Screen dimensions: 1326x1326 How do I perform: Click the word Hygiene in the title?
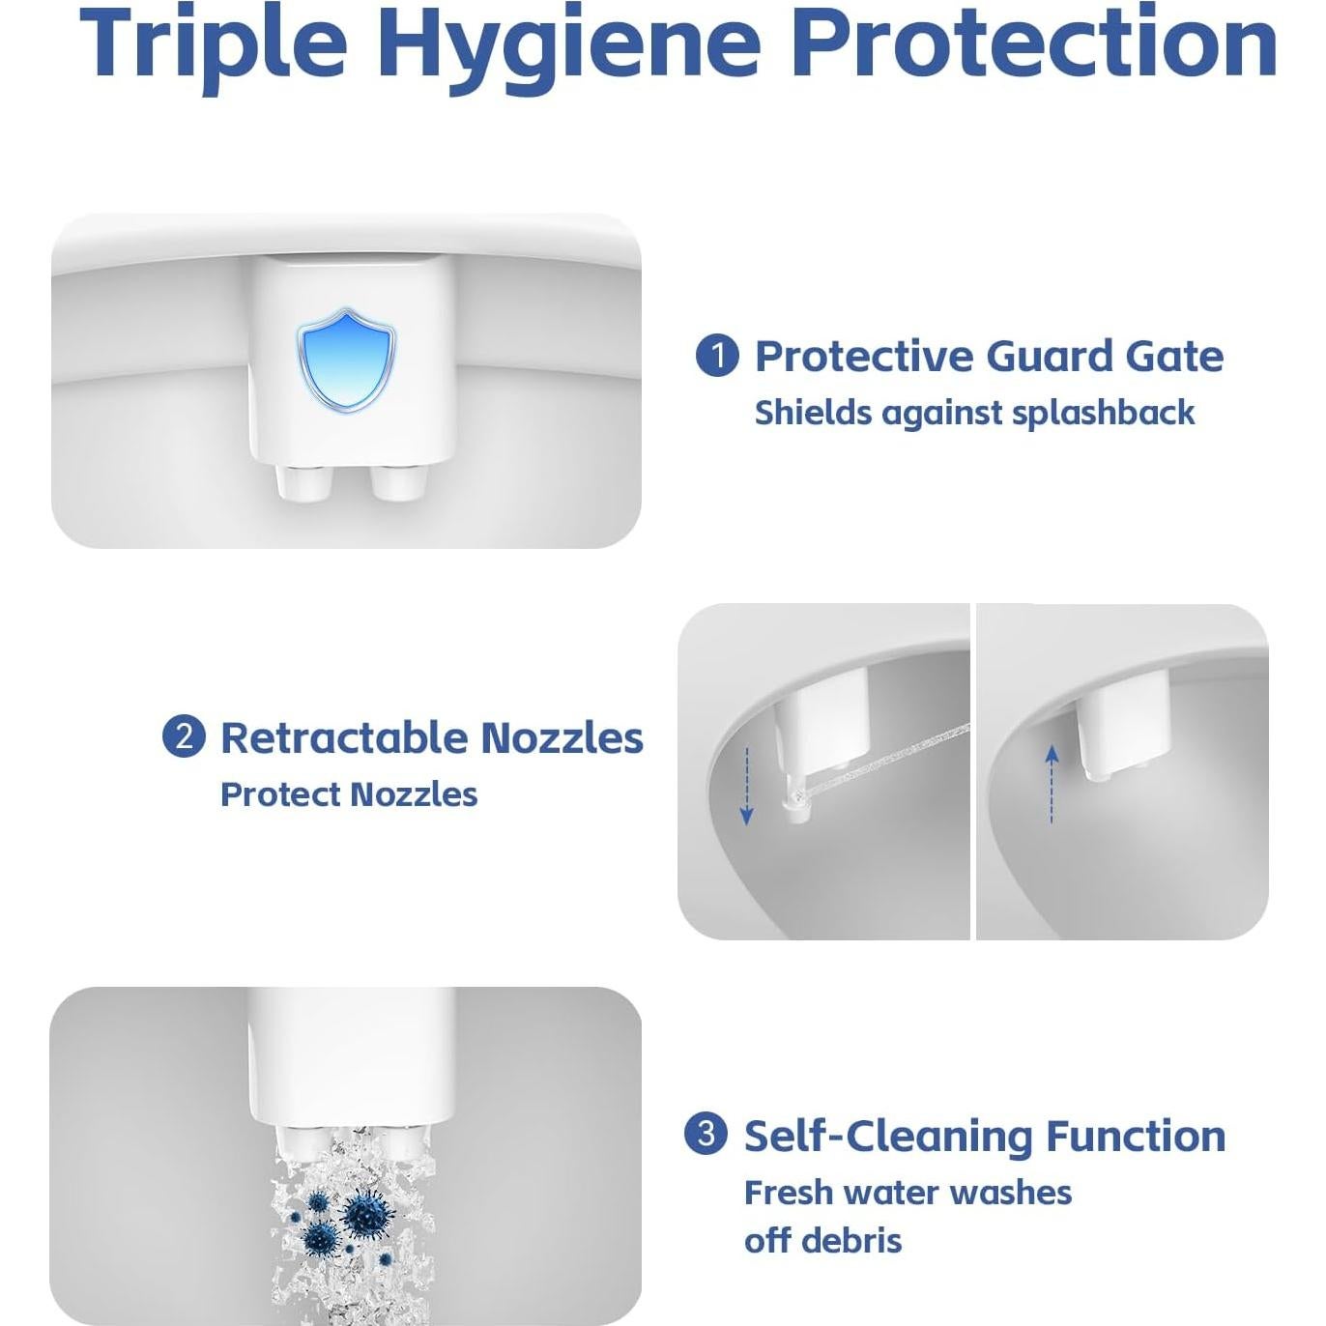(x=569, y=43)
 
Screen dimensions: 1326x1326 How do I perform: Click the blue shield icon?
(x=346, y=360)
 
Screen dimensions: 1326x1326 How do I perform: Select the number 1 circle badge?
(x=717, y=356)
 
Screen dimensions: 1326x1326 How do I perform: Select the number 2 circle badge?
(x=184, y=736)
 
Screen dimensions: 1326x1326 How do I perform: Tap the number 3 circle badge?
(x=706, y=1134)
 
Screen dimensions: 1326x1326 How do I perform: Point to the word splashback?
(x=1103, y=413)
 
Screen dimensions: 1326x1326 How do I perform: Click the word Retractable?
(x=344, y=737)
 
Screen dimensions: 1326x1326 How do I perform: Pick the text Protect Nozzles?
(x=349, y=794)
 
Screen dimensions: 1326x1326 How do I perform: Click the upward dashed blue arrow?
(x=1052, y=783)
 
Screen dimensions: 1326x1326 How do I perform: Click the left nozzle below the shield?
(x=301, y=481)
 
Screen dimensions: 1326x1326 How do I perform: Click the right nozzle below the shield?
(x=397, y=481)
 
